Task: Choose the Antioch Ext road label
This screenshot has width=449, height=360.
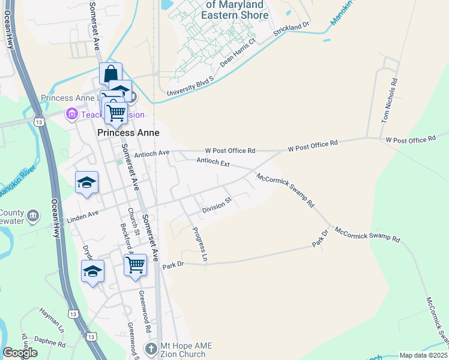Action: point(213,162)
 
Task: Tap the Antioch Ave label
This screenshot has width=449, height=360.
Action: point(152,153)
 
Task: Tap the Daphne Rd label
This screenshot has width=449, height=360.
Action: point(50,342)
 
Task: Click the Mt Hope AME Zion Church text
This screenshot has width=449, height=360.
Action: point(186,350)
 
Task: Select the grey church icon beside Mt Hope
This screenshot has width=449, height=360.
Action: point(152,348)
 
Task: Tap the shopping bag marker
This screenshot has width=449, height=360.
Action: point(111,74)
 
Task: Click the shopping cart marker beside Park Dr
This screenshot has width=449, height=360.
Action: point(136,264)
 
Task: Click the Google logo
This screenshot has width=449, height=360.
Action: point(20,353)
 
